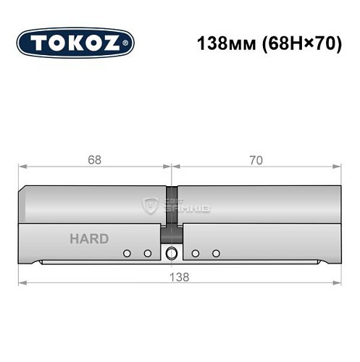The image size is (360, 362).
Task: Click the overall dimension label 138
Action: (x=180, y=277)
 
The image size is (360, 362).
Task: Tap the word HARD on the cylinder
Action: (x=89, y=239)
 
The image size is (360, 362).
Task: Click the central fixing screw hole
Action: (x=171, y=253)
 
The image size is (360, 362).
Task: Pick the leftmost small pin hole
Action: (x=127, y=253)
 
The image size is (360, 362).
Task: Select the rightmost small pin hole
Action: (x=215, y=253)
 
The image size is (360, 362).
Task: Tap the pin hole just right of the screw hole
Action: (x=196, y=253)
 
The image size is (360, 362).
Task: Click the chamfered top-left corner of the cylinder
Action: (x=25, y=190)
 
